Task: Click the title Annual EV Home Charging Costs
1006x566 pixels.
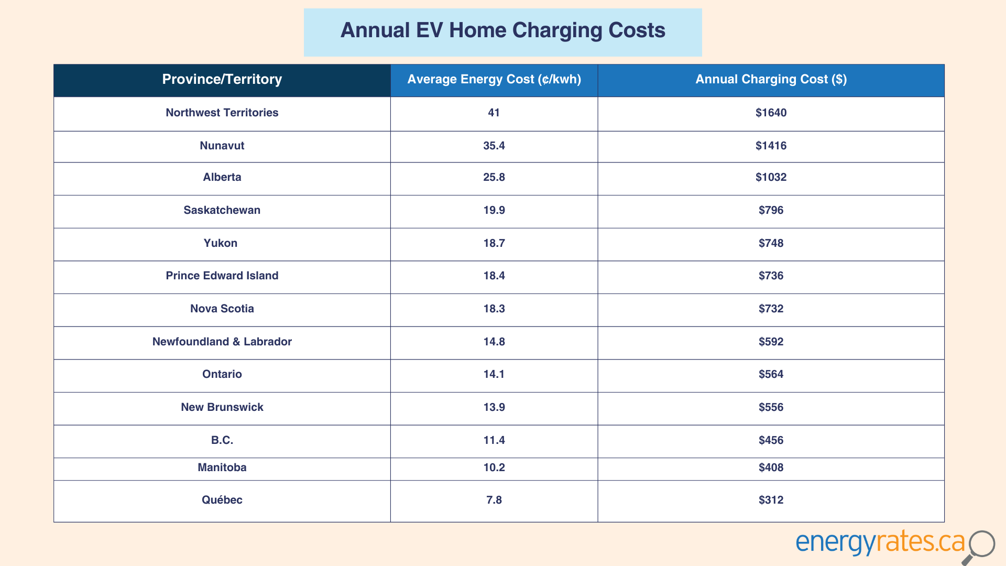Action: point(502,30)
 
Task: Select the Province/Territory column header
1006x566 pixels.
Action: point(222,79)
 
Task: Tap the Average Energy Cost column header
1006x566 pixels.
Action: point(494,79)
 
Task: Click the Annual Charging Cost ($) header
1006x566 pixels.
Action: point(771,79)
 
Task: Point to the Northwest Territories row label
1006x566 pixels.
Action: point(222,113)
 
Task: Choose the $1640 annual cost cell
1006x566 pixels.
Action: point(771,113)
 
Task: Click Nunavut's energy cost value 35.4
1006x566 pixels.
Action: point(494,146)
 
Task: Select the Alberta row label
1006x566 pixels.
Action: point(222,177)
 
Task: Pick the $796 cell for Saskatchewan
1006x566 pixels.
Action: point(771,210)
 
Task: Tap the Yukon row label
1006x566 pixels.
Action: point(221,243)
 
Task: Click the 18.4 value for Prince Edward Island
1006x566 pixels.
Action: point(494,276)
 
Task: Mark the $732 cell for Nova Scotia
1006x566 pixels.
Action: point(771,309)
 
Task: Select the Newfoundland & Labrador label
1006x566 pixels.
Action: point(222,342)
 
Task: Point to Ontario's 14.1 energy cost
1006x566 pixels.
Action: point(494,374)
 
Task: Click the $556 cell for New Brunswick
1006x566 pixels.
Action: point(771,407)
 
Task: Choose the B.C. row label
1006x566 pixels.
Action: point(222,440)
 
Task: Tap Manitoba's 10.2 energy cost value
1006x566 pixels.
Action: point(494,467)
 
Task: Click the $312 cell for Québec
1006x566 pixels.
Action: point(771,500)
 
